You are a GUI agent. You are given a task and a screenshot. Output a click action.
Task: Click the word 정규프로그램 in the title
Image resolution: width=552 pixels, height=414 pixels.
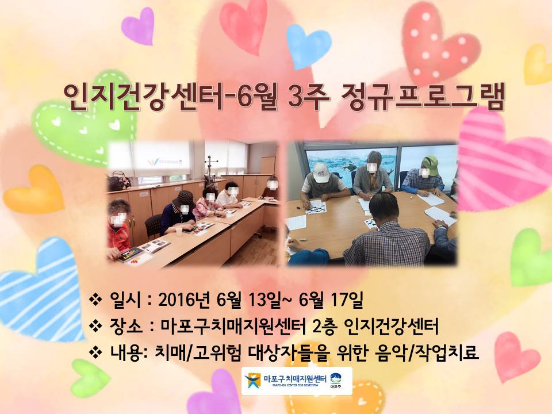point(421,97)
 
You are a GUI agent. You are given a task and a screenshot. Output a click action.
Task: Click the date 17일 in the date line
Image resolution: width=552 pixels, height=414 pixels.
point(347,300)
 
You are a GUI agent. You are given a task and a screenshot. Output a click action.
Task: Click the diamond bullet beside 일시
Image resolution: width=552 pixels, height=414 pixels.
point(95,300)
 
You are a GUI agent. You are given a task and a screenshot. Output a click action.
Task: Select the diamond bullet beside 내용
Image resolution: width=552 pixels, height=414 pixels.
point(95,352)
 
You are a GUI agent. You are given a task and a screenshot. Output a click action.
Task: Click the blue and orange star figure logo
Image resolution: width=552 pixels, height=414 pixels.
point(253,381)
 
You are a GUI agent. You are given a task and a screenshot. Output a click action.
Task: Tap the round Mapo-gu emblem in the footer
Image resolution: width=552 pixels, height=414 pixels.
point(335,378)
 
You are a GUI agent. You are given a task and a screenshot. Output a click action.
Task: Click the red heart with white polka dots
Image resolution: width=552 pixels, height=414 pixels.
point(438,42)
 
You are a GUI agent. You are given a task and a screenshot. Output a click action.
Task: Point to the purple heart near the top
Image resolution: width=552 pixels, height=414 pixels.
point(139,26)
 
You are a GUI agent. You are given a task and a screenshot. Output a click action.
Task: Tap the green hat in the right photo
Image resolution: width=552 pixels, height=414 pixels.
point(431,165)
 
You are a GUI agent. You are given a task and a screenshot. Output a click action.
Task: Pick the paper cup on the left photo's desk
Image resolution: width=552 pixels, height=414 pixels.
point(179,231)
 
